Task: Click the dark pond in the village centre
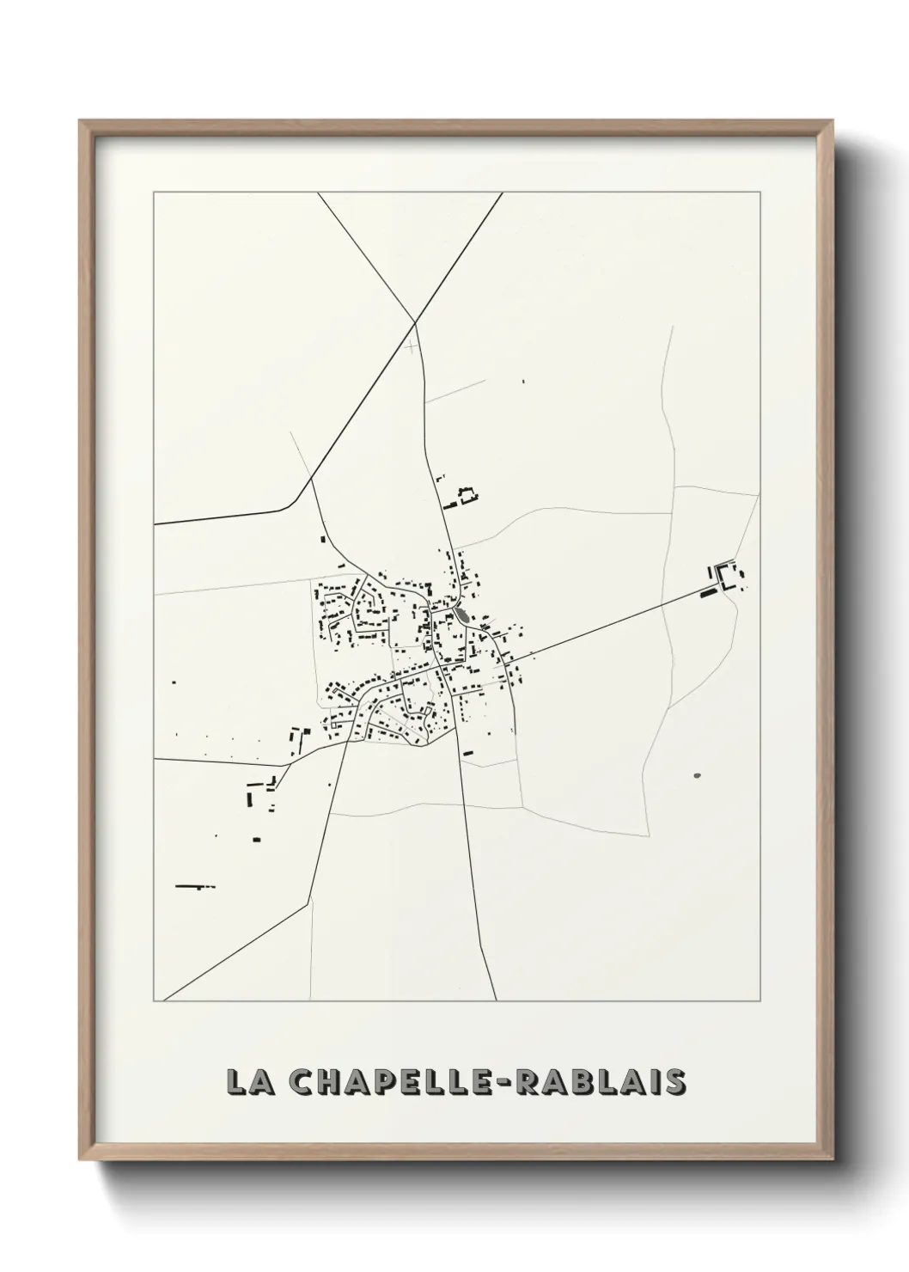pos(463,615)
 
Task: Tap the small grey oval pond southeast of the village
pos(697,775)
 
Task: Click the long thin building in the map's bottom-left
pos(194,885)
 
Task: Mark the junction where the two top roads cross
pos(416,322)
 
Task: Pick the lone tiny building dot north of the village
pos(524,381)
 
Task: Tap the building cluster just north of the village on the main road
pos(462,495)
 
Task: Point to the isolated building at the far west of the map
pos(174,682)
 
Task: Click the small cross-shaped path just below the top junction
pos(413,346)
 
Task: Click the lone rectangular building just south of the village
pos(468,753)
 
